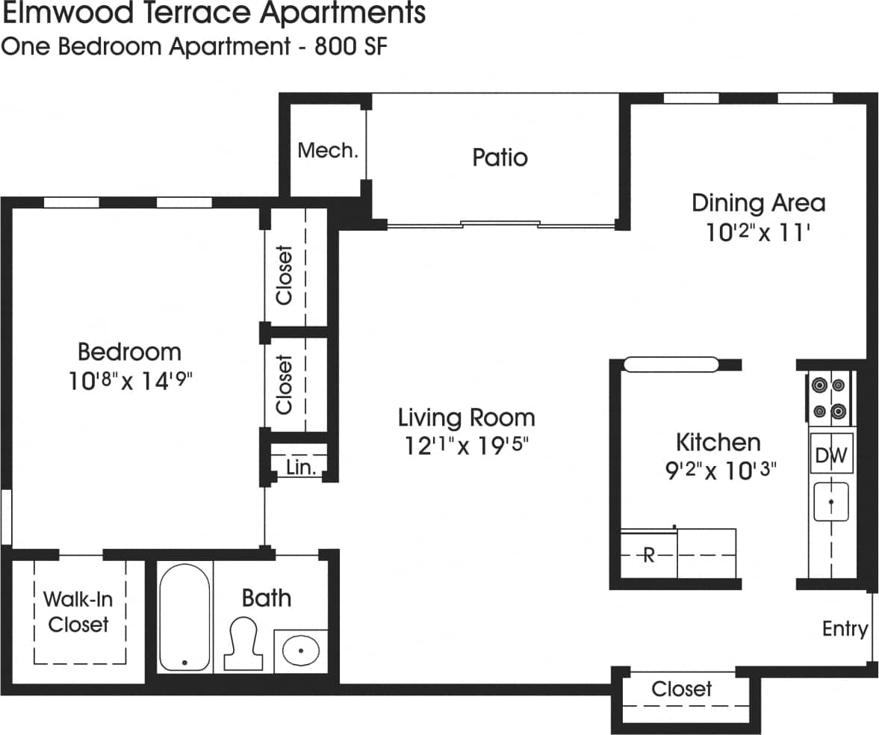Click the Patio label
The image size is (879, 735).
pos(500,158)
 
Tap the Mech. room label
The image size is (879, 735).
pos(328,151)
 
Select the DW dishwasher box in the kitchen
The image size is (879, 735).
pos(831,455)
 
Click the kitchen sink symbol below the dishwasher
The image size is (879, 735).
pos(830,501)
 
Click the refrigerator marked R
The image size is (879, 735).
pos(648,555)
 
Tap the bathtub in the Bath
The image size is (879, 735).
pos(184,617)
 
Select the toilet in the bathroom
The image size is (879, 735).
pos(244,643)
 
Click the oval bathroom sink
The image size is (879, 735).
pos(300,649)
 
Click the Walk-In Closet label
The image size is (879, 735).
pos(78,612)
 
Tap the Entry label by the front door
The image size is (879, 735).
pos(845,629)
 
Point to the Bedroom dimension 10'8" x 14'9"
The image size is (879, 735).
pos(130,382)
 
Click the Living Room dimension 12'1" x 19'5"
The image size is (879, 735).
pos(466,447)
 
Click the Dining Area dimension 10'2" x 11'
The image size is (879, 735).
pos(758,233)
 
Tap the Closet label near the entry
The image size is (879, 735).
pos(681,689)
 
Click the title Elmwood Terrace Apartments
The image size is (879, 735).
pos(214,13)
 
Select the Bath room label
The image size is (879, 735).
pos(266,598)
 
